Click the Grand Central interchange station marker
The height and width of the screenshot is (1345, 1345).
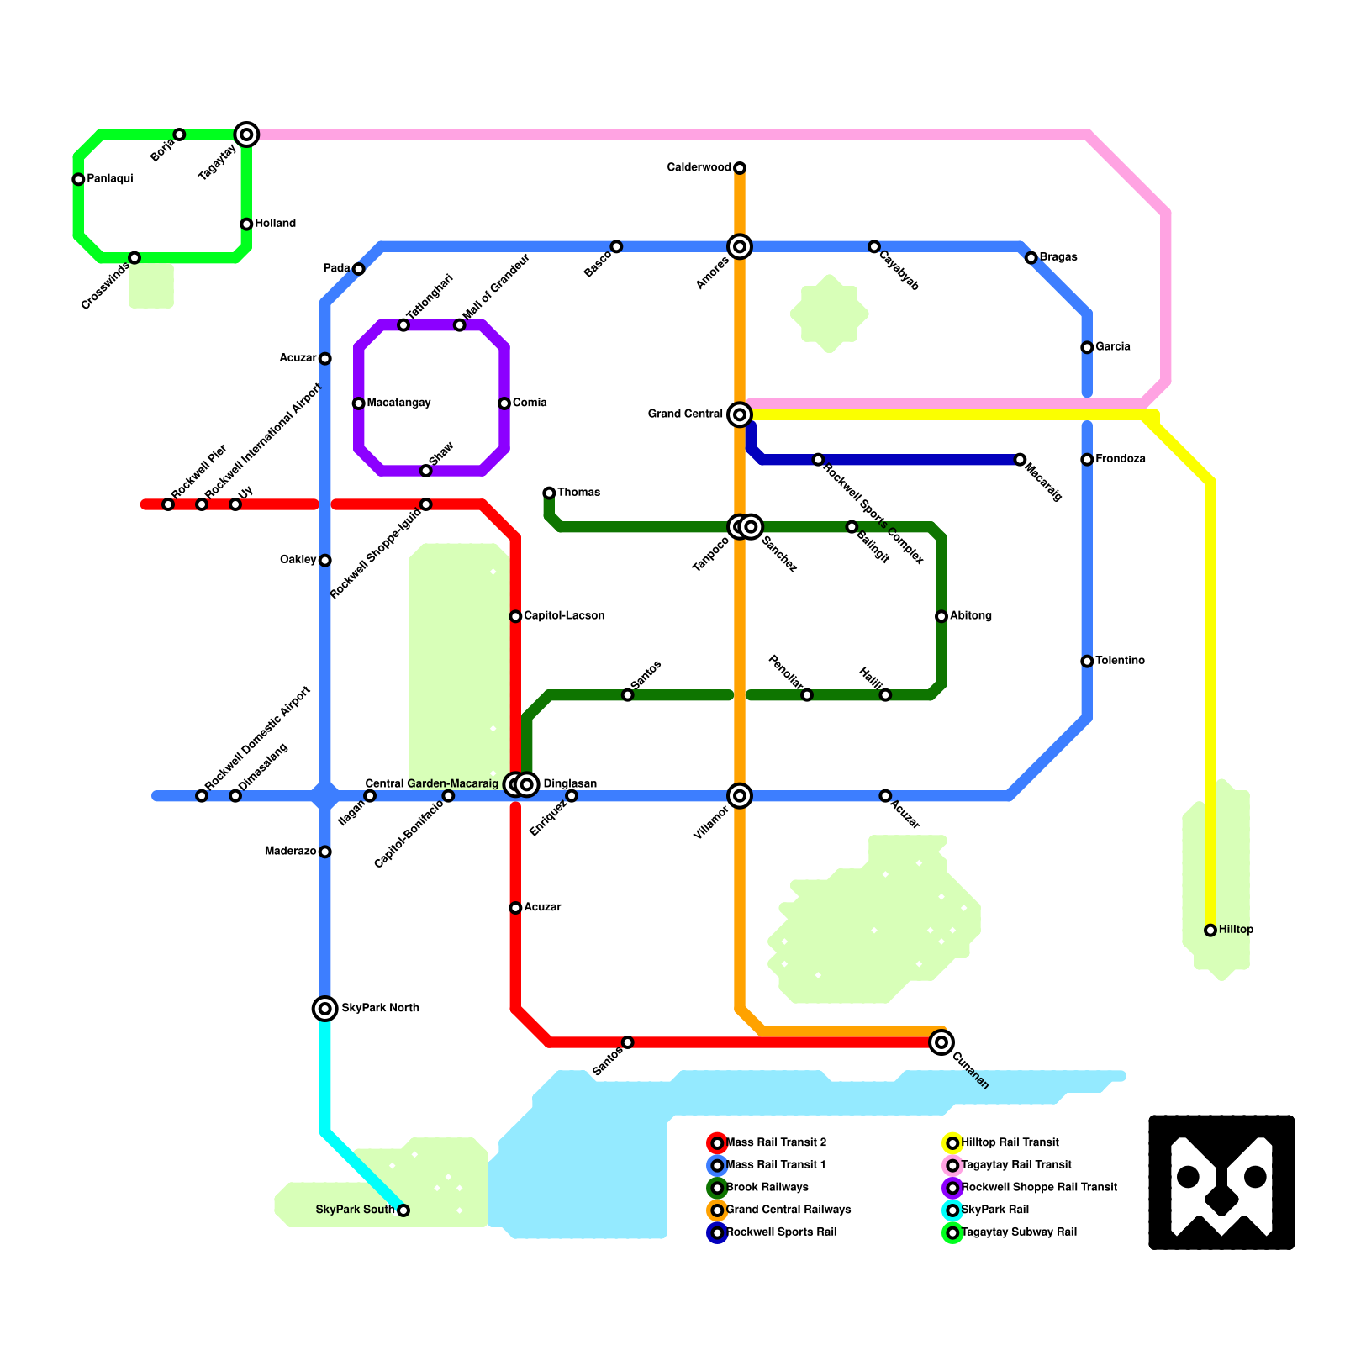point(740,414)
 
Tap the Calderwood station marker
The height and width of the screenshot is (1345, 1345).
point(740,168)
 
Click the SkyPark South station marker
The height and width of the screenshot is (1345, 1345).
point(403,1210)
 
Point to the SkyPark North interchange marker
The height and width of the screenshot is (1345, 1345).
point(325,1008)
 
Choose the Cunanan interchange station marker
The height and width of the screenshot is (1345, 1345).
point(941,1042)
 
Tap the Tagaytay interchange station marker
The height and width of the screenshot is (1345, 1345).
point(246,134)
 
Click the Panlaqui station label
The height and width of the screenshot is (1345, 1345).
point(110,179)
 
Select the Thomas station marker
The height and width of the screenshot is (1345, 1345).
point(549,493)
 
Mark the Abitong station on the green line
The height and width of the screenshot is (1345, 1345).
point(941,616)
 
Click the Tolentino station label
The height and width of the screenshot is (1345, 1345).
point(1120,661)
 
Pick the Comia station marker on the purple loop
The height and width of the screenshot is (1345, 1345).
point(504,403)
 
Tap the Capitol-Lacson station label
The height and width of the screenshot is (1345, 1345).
point(564,616)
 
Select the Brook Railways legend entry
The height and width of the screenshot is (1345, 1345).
point(767,1188)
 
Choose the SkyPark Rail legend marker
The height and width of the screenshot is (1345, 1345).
point(952,1210)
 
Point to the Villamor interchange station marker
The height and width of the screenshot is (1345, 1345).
point(740,795)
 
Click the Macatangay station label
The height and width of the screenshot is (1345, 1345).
point(398,403)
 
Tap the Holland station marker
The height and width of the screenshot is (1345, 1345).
point(246,224)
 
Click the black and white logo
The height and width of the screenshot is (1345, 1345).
point(1221,1182)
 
